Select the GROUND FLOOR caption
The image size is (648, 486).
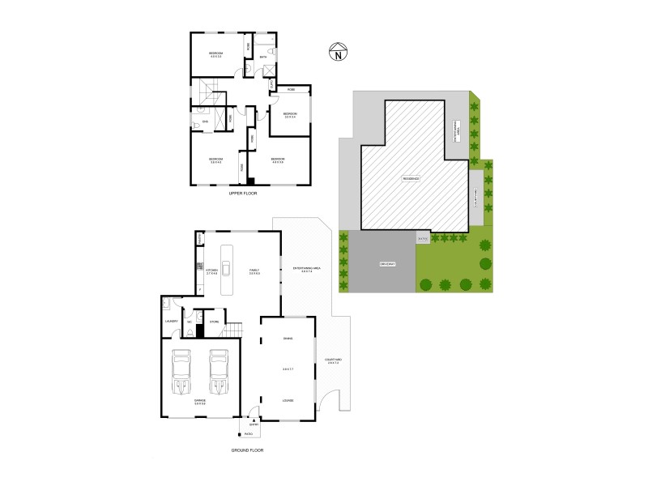point(248,450)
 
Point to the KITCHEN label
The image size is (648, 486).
point(213,270)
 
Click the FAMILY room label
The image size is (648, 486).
point(254,270)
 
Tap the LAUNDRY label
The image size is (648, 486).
point(171,322)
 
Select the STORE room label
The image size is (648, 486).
point(214,322)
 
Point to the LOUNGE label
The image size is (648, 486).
point(288,400)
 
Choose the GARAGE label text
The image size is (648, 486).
point(199,400)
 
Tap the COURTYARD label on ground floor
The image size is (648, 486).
point(333,359)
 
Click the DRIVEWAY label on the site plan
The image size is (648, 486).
point(386,264)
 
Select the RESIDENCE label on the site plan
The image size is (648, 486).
point(411,177)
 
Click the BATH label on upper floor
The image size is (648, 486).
point(264,57)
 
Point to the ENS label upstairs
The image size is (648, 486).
point(205,122)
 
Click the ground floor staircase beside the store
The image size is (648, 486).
point(233,330)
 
